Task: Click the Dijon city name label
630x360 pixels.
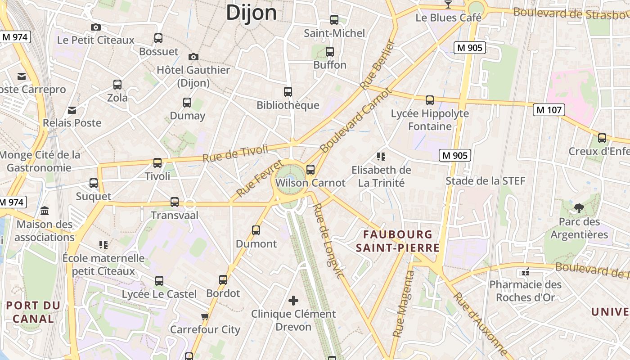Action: pyautogui.click(x=251, y=13)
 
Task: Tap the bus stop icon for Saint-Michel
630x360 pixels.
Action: pyautogui.click(x=334, y=19)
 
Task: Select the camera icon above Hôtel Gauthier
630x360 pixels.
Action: pyautogui.click(x=193, y=57)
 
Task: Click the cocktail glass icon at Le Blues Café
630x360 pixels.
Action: pyautogui.click(x=448, y=4)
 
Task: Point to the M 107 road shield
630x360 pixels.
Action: pyautogui.click(x=549, y=109)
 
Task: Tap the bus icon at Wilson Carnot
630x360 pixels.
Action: pyautogui.click(x=310, y=170)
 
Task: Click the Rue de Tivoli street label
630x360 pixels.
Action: pyautogui.click(x=235, y=153)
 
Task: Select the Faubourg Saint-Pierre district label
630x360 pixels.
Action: pyautogui.click(x=397, y=241)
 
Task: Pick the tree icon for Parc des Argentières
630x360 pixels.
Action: pyautogui.click(x=579, y=208)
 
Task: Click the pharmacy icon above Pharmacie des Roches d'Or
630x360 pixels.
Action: pyautogui.click(x=525, y=272)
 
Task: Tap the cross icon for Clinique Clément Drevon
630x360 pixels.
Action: pyautogui.click(x=293, y=300)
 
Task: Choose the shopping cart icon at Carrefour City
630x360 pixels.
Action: pyautogui.click(x=205, y=316)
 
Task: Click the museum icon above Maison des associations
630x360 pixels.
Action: pyautogui.click(x=45, y=211)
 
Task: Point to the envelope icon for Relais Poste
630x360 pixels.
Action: pyautogui.click(x=72, y=110)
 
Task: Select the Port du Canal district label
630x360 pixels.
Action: pyautogui.click(x=33, y=312)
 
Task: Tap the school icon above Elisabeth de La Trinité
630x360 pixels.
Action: pyautogui.click(x=381, y=157)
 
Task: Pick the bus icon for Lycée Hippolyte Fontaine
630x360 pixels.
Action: pyautogui.click(x=430, y=100)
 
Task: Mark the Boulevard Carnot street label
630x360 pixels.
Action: pyautogui.click(x=355, y=121)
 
